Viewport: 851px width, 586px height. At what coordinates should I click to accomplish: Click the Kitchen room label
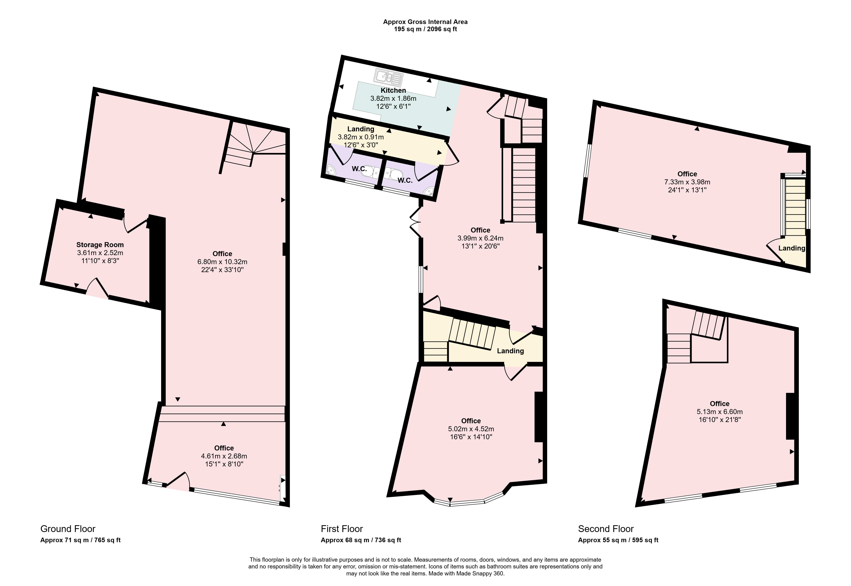(393, 90)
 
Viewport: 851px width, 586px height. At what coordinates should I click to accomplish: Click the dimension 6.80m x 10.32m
(222, 262)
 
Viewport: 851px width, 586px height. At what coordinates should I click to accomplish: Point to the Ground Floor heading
(68, 529)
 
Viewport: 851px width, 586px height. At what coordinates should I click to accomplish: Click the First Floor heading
(342, 529)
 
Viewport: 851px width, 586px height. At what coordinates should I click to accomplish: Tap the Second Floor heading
(606, 529)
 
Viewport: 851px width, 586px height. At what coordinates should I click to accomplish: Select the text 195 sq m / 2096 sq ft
(425, 29)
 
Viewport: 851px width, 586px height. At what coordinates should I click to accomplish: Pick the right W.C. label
(405, 180)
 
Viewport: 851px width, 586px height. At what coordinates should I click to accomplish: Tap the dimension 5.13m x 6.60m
(720, 412)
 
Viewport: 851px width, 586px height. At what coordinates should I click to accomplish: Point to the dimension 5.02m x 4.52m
(471, 429)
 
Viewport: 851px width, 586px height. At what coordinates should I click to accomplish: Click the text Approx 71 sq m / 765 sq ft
(80, 540)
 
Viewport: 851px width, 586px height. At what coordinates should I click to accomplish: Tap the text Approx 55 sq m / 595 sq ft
(618, 540)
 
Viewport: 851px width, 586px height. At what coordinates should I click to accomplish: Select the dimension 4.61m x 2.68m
(224, 456)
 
